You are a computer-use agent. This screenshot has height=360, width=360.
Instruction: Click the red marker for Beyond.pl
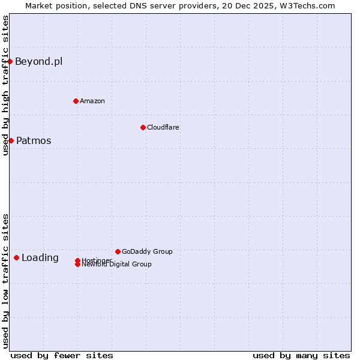pos(10,61)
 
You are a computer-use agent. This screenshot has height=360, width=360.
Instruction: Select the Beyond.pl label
pos(38,61)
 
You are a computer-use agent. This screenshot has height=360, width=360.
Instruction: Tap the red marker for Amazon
pos(76,101)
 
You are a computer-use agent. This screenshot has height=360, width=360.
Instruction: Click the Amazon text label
pos(92,101)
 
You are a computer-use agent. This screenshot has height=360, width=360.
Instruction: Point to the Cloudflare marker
pos(143,127)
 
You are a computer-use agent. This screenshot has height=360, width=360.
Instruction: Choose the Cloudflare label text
pos(163,127)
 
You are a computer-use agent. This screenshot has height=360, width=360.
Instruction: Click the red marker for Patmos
pos(11,140)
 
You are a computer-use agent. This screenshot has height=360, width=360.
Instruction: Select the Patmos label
pos(34,141)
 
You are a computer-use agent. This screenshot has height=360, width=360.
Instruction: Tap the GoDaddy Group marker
pos(118,251)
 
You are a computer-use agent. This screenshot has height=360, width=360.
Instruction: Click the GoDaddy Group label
pos(147,251)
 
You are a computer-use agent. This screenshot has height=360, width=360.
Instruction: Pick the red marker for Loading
pos(16,257)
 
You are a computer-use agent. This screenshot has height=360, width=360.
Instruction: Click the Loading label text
pos(40,258)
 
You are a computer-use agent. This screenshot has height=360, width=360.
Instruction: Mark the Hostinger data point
pos(77,260)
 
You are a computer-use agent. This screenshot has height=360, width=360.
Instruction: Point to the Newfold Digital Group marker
pos(77,265)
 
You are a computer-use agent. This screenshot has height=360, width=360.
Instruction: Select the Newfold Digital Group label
pos(117,265)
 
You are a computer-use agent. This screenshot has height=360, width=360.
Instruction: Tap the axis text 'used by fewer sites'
pos(62,355)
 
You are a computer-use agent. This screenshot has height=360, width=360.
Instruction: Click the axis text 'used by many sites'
pos(301,355)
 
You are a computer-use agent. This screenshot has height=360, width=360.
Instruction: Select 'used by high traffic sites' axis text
pos(5,85)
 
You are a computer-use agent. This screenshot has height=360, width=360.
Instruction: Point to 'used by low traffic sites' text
pos(5,281)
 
